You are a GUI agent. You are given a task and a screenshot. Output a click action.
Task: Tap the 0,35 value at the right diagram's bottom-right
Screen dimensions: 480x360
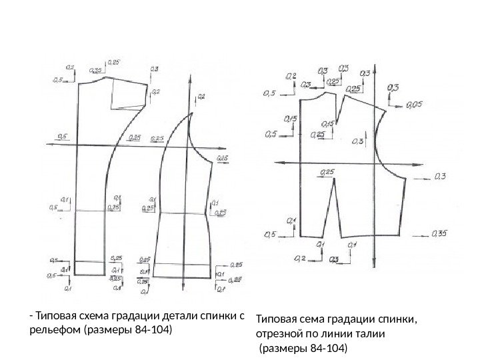pos(439,233)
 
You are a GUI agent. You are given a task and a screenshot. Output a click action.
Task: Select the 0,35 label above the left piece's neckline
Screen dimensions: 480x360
pos(95,70)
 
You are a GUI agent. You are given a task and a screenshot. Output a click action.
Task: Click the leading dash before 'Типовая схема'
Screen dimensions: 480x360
pos(31,315)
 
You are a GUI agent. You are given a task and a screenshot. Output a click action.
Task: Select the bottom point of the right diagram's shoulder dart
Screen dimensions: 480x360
pos(336,125)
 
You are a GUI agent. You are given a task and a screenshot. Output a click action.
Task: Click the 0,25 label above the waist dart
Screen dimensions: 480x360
pos(327,172)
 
